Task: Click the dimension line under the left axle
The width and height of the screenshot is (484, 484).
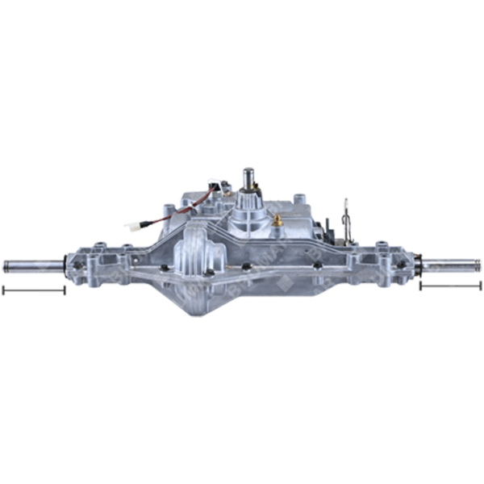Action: tap(33, 289)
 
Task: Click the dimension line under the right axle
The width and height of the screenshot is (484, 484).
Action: tap(450, 286)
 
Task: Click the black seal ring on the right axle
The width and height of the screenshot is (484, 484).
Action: tap(419, 263)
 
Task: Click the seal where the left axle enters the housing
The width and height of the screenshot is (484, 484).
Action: tap(65, 265)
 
